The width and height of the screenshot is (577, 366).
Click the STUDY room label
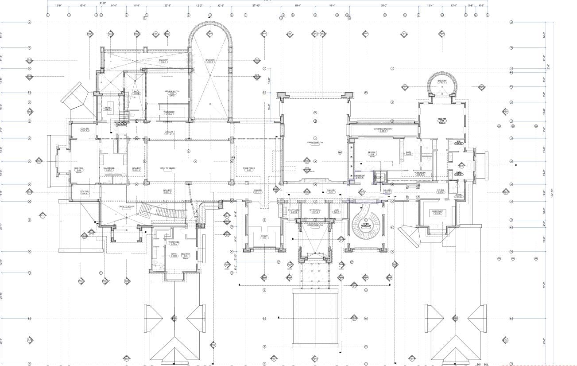[x=264, y=236]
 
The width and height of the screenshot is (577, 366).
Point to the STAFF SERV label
[x=294, y=211]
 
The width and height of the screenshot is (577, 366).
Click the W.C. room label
[x=459, y=143]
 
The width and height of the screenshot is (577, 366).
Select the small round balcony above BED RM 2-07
[x=441, y=83]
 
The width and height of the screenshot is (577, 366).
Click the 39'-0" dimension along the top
[x=383, y=6]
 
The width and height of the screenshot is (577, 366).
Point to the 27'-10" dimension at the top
[x=256, y=6]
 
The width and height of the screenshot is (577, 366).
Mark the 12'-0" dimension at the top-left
[x=58, y=6]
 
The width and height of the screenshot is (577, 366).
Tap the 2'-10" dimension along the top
[x=103, y=3]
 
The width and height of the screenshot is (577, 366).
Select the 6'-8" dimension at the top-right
[x=481, y=6]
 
